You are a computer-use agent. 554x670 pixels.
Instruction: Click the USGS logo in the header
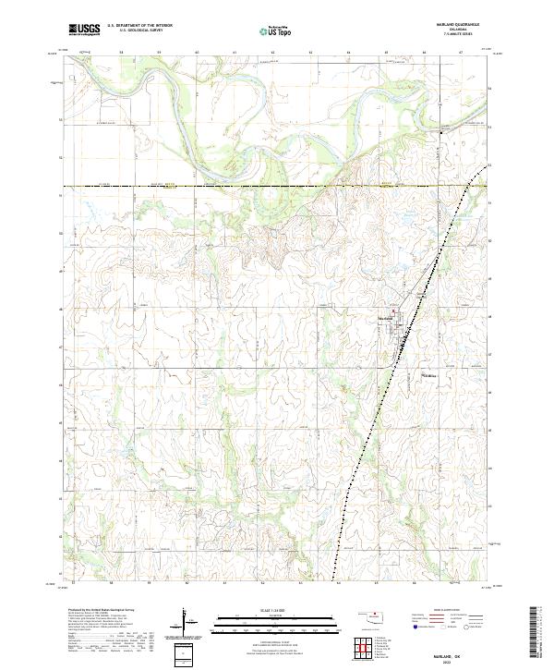coord(85,30)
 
